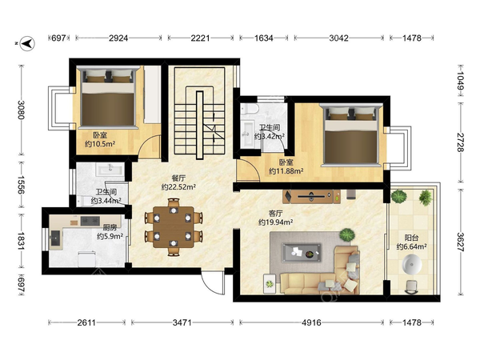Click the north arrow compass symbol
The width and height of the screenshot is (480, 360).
tap(27, 43)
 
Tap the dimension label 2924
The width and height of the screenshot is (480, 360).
tap(118, 38)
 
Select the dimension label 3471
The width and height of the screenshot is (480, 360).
tap(182, 322)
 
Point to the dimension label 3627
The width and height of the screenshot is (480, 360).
tap(461, 242)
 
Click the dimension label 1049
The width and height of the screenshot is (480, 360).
tap(461, 80)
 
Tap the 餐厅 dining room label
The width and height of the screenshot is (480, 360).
tap(178, 178)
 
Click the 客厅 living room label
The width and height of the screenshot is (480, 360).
tap(275, 214)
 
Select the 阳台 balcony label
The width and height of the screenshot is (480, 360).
tap(411, 238)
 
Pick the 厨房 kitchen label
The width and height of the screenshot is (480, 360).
tap(110, 227)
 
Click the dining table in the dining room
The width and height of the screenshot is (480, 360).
tap(174, 227)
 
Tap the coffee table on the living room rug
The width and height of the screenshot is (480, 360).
tap(302, 253)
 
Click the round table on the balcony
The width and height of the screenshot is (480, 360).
tap(412, 265)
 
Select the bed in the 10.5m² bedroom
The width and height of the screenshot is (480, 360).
tap(108, 98)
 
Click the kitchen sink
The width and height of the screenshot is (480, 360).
tap(55, 238)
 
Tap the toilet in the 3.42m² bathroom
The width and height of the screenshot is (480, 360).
tap(249, 110)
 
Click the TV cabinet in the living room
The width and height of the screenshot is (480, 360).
tap(311, 196)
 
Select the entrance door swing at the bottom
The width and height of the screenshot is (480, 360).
tap(213, 283)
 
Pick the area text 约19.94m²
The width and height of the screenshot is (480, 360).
tap(275, 222)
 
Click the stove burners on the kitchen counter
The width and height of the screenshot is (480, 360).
tap(90, 221)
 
